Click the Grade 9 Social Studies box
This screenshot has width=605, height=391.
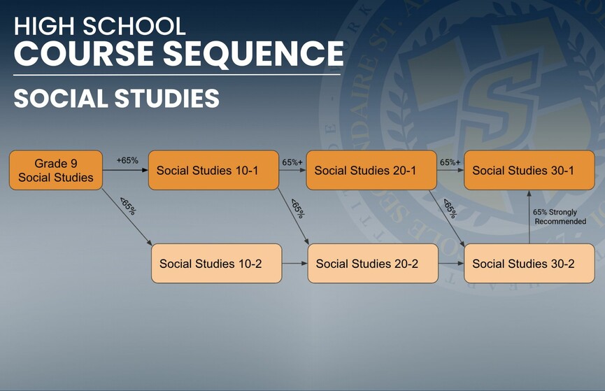56,170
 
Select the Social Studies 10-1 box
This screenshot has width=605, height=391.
214,170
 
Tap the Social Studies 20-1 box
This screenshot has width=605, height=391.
371,170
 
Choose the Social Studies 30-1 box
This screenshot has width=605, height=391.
529,170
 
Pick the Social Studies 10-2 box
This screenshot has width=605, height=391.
217,263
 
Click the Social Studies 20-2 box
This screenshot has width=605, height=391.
373,263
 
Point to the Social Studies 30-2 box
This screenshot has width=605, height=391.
529,263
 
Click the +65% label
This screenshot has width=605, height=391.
127,161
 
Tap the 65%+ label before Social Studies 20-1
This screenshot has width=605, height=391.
292,162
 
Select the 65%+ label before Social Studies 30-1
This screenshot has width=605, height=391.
450,162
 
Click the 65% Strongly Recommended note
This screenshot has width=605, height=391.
560,217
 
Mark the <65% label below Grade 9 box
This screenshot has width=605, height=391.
128,206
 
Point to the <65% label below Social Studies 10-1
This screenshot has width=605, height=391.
298,208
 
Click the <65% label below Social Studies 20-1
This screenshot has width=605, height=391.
450,208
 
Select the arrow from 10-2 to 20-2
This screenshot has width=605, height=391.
294,263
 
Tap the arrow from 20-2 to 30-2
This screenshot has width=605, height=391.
451,263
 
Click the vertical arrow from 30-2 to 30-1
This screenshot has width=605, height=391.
529,217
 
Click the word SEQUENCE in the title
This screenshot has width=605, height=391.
253,53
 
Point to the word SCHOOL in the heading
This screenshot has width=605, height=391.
134,27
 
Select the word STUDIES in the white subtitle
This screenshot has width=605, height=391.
167,98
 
